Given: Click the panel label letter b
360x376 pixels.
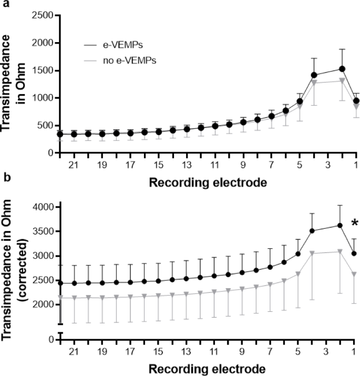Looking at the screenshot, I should point(4,192).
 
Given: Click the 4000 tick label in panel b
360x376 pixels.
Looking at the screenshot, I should point(42,207).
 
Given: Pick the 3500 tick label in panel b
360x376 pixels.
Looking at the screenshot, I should point(42,231).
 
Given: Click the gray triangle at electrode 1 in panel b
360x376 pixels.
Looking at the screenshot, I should point(354,274).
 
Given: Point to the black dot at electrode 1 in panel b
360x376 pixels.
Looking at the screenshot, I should point(354,253).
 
